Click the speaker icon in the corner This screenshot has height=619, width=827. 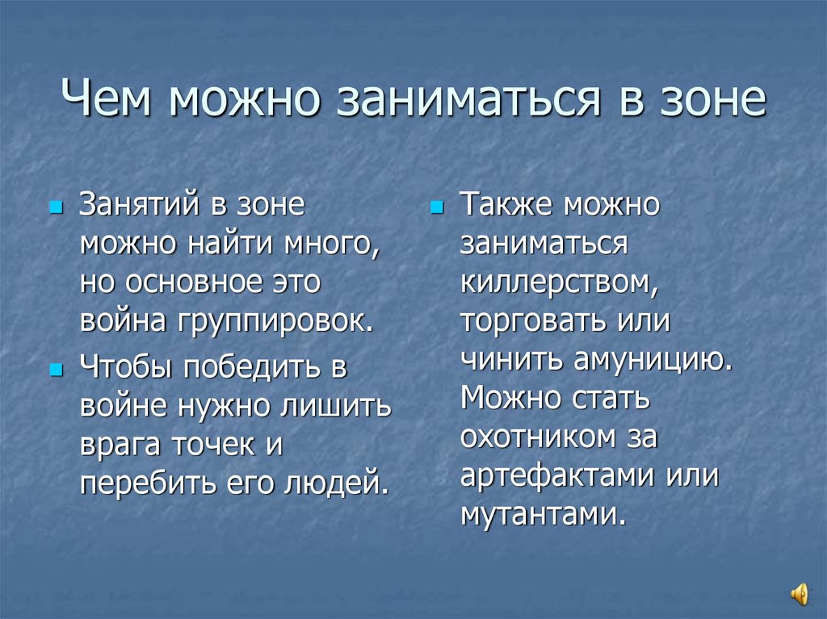(799, 595)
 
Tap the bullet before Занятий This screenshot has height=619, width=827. (56, 208)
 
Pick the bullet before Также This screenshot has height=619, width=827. (437, 208)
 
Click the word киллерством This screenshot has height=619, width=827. (557, 282)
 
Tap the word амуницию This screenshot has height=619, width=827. (653, 360)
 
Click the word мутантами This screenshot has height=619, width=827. (543, 515)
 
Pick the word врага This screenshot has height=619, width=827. (118, 445)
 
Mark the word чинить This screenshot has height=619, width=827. (511, 360)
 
